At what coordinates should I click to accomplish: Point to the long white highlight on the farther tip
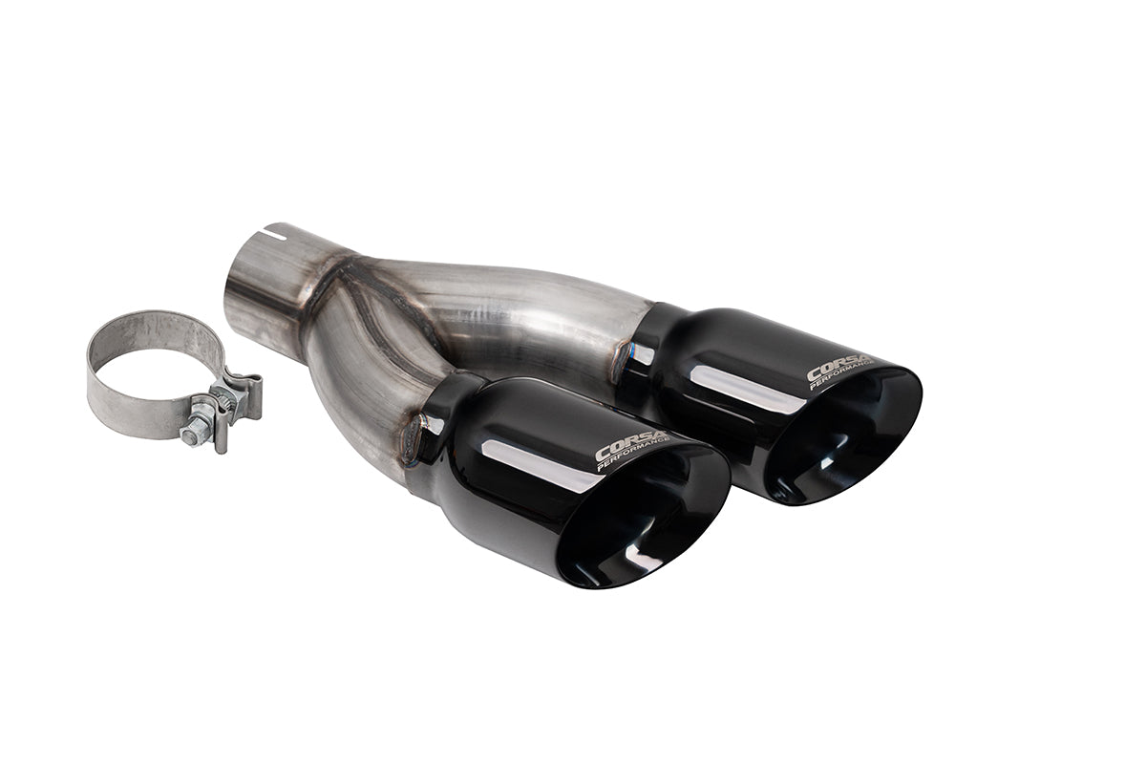735,382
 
